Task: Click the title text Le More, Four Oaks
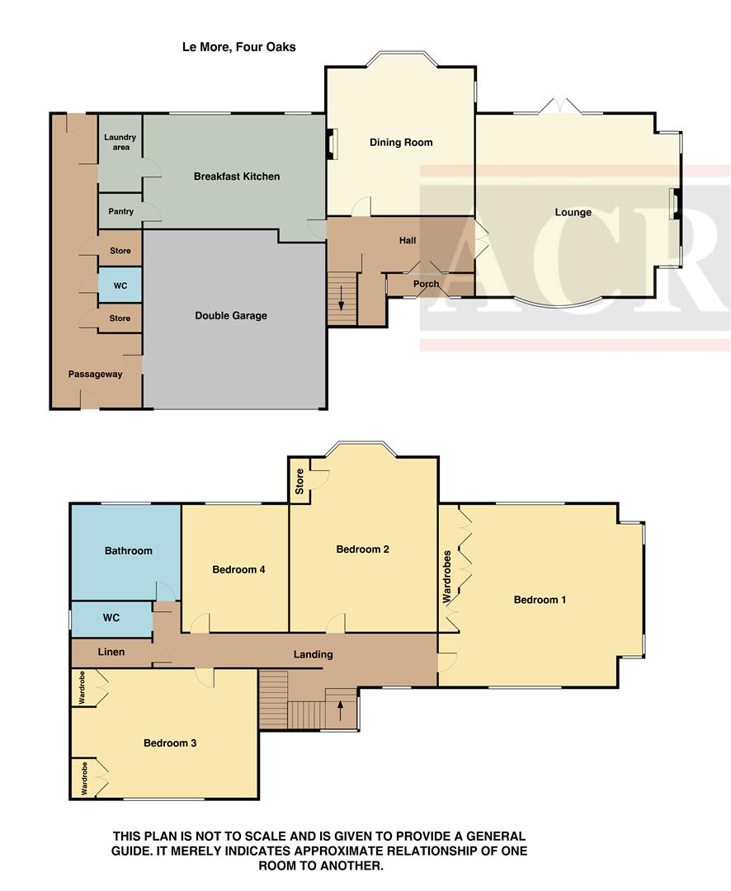pos(238,47)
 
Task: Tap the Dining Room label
pos(401,143)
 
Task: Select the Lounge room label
pos(573,212)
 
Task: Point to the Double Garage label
pos(231,315)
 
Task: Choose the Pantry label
pos(120,212)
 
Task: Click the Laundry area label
pos(120,143)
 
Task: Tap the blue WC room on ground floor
pos(120,286)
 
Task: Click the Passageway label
pos(95,374)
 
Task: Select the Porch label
pos(426,284)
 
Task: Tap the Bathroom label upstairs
pos(128,550)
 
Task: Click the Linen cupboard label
pos(111,652)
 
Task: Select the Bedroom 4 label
pos(238,569)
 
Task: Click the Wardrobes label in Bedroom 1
pos(448,577)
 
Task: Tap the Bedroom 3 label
pos(170,742)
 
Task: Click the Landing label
pos(314,654)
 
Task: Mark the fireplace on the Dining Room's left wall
pos(332,144)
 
